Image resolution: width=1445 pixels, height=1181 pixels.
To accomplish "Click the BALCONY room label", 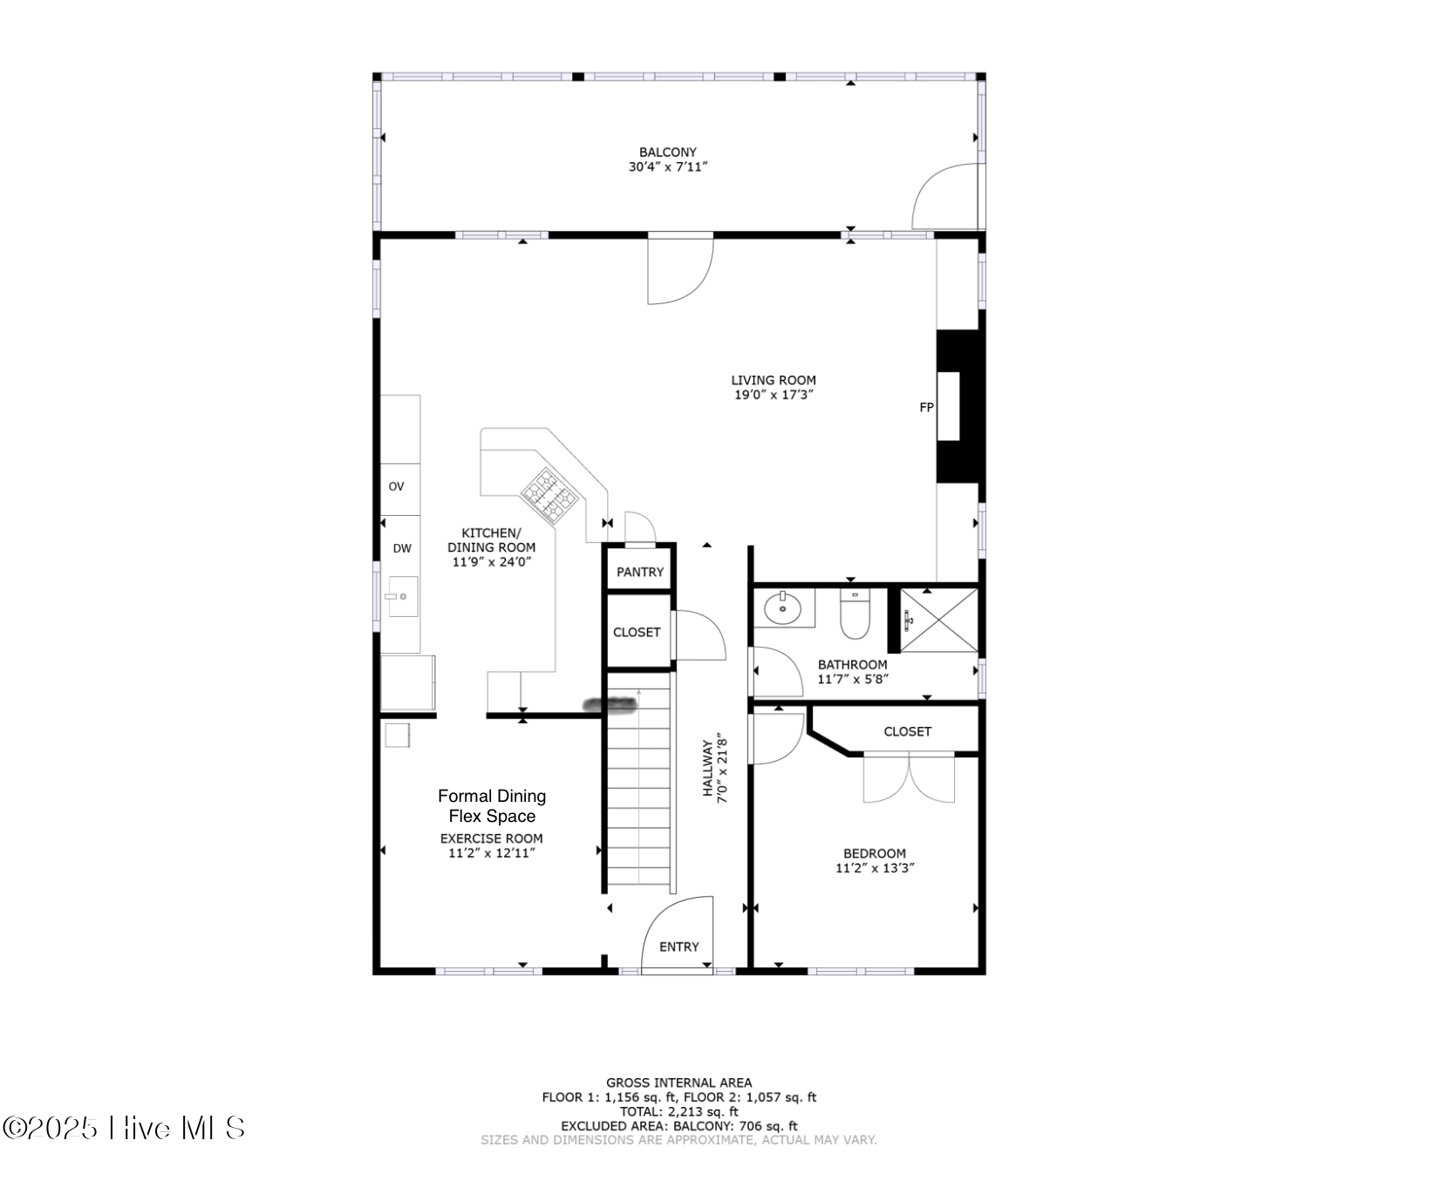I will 667,153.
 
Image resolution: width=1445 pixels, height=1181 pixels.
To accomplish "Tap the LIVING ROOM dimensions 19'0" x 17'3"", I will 774,395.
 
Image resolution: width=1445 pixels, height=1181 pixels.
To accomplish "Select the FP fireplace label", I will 926,407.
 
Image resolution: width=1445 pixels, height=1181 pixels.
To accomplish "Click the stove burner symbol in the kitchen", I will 549,496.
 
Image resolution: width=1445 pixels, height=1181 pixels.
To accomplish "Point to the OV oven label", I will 396,486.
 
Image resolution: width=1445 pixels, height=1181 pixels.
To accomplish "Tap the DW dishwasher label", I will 401,548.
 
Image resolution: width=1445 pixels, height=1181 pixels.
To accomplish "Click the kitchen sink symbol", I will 402,596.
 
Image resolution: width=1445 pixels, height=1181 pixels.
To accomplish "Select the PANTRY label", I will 639,572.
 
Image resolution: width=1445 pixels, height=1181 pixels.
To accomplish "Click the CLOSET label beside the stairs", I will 636,632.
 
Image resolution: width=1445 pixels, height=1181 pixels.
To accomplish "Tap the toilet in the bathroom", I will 855,615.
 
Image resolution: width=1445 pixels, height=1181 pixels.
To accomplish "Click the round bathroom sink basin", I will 782,607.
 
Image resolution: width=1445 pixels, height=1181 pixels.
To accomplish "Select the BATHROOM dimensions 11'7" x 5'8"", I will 852,679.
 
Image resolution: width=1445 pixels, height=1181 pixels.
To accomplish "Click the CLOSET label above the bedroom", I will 907,731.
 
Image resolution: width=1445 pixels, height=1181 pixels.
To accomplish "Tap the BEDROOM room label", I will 874,853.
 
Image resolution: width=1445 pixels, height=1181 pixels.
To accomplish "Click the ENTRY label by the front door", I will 678,947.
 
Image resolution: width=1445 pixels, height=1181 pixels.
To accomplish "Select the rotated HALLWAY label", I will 707,768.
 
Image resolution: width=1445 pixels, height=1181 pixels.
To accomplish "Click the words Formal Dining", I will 492,796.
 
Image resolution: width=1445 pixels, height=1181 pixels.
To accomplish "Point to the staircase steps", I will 640,793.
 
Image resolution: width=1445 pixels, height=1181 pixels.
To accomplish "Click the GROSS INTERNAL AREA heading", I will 678,1083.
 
